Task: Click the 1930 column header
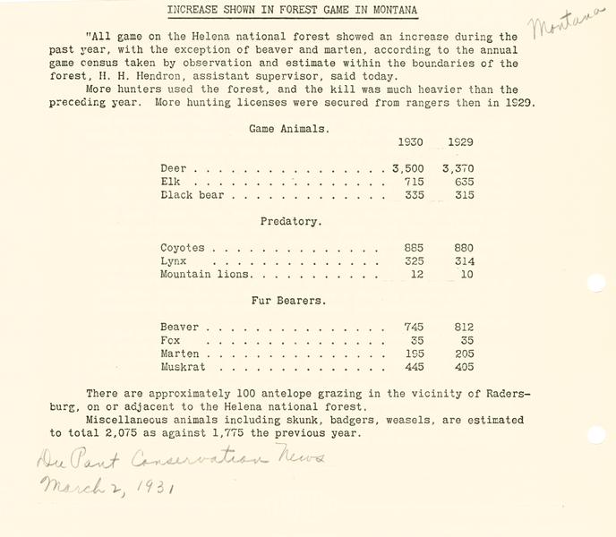coord(410,142)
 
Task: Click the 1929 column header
coord(460,142)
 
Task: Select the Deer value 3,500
coord(408,168)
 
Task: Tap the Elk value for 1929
coord(463,182)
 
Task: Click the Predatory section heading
coord(291,221)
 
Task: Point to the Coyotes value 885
coord(413,248)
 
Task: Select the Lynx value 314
coord(463,261)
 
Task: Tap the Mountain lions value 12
coord(416,274)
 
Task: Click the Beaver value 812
coord(463,328)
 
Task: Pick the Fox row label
coord(170,341)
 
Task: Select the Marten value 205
coord(463,354)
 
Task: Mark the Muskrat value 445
coord(413,367)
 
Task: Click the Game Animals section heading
coord(288,129)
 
